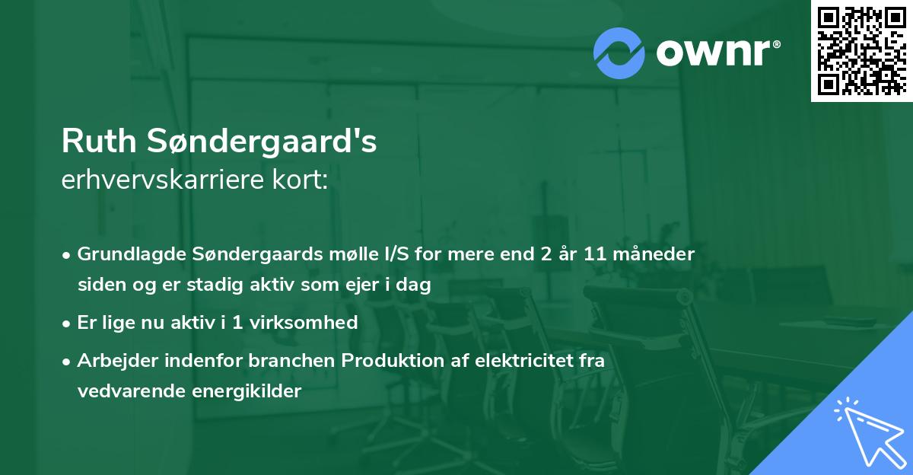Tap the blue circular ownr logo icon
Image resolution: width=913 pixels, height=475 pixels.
(x=619, y=53)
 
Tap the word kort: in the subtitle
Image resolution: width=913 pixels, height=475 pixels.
(x=304, y=181)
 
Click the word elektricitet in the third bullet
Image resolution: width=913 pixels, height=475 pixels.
(x=514, y=360)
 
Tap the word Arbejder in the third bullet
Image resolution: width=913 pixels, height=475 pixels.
(x=111, y=360)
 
